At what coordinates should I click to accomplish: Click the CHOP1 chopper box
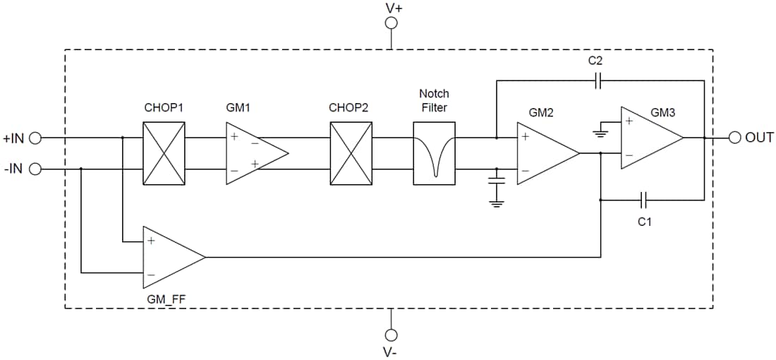[x=164, y=153]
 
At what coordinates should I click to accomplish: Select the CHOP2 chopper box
[x=351, y=153]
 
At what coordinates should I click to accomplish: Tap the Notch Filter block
[x=434, y=153]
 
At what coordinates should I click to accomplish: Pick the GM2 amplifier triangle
[x=545, y=153]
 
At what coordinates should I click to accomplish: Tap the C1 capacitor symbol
[x=644, y=200]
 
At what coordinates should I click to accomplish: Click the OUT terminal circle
[x=734, y=138]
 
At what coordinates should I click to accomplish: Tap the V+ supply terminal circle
[x=391, y=23]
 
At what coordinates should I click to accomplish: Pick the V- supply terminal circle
[x=391, y=334]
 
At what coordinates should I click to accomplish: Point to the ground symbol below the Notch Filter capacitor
[x=497, y=203]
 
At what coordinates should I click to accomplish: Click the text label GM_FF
[x=166, y=299]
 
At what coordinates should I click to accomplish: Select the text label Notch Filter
[x=434, y=100]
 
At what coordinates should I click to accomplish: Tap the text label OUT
[x=759, y=138]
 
